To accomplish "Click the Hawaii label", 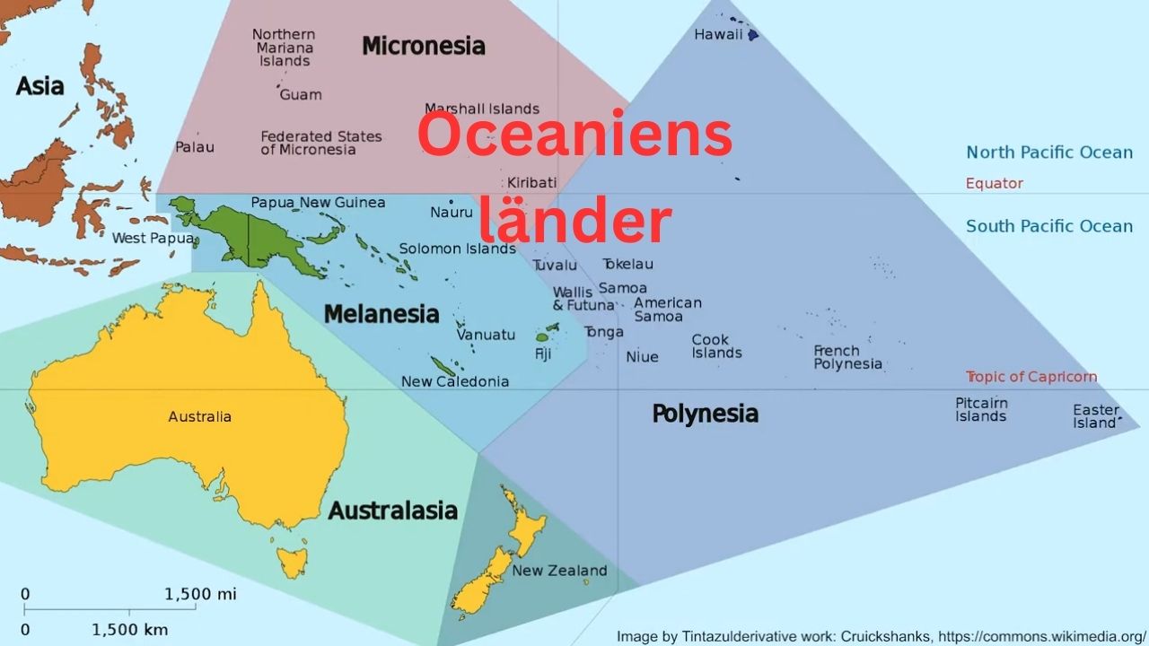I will click(x=718, y=35).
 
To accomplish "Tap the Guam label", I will click(x=300, y=94).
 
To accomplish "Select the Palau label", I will click(x=195, y=146).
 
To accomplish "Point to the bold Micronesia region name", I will click(x=423, y=46).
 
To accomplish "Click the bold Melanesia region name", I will click(x=382, y=314).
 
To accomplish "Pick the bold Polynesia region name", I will click(x=705, y=414).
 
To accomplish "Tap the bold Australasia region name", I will click(x=392, y=511).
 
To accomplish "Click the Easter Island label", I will click(x=1096, y=416).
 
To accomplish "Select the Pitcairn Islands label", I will click(x=981, y=410).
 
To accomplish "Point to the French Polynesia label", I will click(x=847, y=357).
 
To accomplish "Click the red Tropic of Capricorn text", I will click(x=1031, y=377).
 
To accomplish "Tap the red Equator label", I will click(x=994, y=183).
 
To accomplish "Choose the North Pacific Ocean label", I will click(x=1049, y=153).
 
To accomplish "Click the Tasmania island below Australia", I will click(x=292, y=563).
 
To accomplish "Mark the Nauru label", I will click(x=451, y=213).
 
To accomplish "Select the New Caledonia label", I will click(x=454, y=381).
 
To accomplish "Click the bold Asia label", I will click(x=40, y=86).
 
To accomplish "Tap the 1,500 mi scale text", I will click(x=200, y=594).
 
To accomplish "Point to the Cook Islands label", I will click(x=716, y=346).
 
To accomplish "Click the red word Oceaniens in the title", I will click(x=574, y=135).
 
